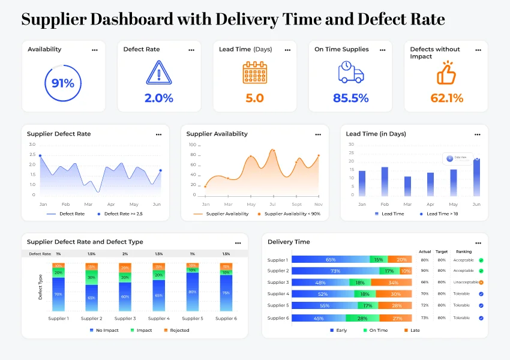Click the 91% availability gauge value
tap(63, 83)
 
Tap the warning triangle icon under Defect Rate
tap(158, 73)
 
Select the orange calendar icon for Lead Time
tap(254, 73)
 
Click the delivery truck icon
tap(350, 73)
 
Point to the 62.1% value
tap(447, 98)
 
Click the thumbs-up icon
tap(446, 73)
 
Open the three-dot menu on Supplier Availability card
tap(318, 134)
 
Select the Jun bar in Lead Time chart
tap(476, 177)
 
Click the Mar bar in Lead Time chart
tap(407, 186)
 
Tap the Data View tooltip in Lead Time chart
tap(460, 158)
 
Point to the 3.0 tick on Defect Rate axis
tap(32, 145)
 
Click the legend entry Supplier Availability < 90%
tap(289, 214)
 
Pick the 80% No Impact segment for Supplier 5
tap(192, 292)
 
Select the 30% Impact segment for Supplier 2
tap(92, 277)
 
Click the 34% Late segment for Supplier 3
tap(393, 283)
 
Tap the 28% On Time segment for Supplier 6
tap(362, 317)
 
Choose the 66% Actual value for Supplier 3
tap(424, 283)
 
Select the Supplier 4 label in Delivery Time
tap(278, 294)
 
